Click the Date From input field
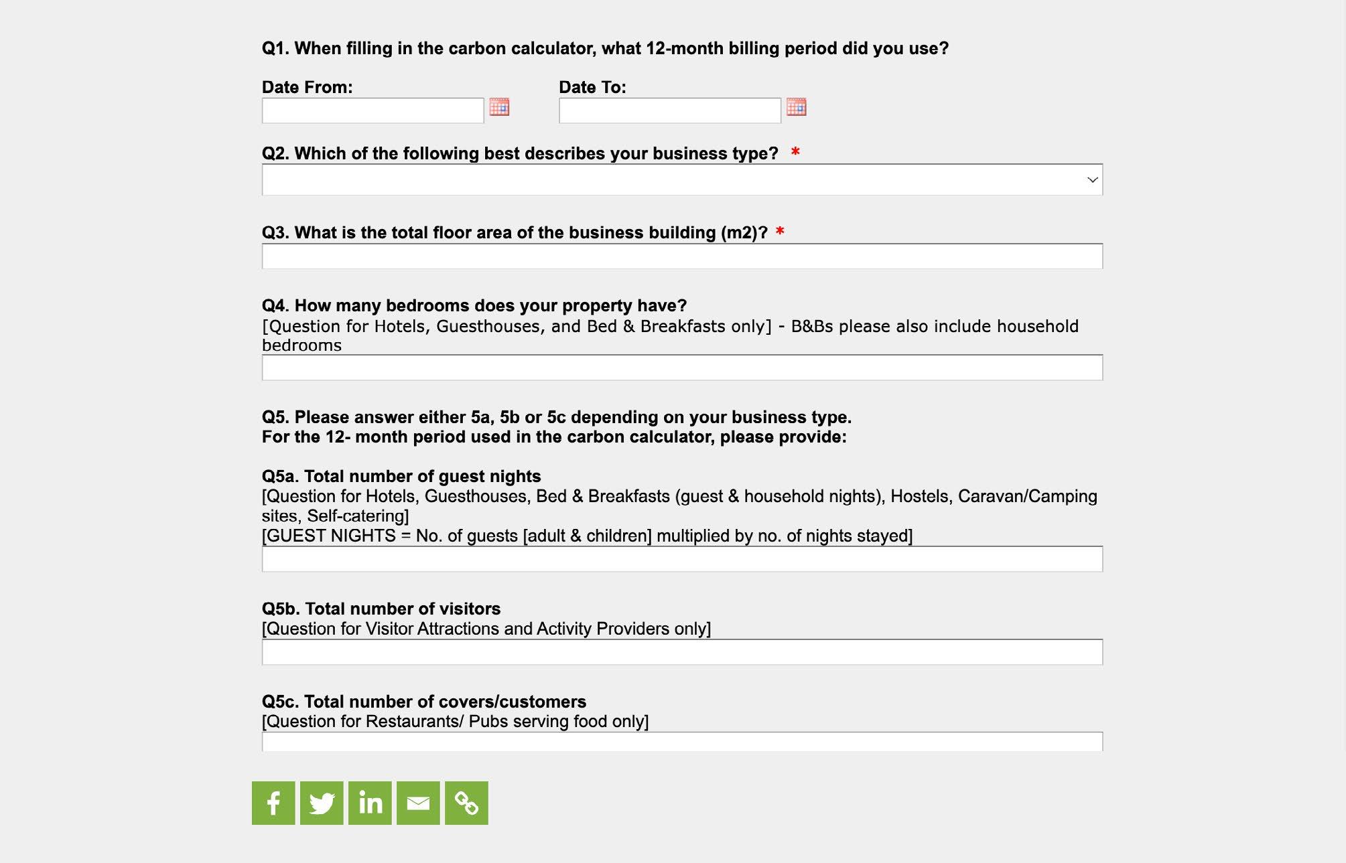pyautogui.click(x=373, y=110)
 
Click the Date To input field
pyautogui.click(x=669, y=110)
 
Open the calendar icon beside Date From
pyautogui.click(x=499, y=107)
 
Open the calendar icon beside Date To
pyautogui.click(x=796, y=107)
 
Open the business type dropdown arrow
pyautogui.click(x=1092, y=180)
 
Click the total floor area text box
pyautogui.click(x=681, y=256)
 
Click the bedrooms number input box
pyautogui.click(x=681, y=368)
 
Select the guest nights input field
pyautogui.click(x=681, y=560)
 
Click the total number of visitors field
pyautogui.click(x=681, y=653)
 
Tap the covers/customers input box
pyautogui.click(x=681, y=742)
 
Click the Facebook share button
pyautogui.click(x=273, y=803)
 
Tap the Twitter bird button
pyautogui.click(x=322, y=803)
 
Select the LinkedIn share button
pyautogui.click(x=370, y=803)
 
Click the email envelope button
pyautogui.click(x=418, y=803)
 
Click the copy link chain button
pyautogui.click(x=466, y=803)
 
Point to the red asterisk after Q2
pyautogui.click(x=795, y=152)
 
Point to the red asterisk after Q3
pyautogui.click(x=779, y=232)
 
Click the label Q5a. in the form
pyautogui.click(x=279, y=476)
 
